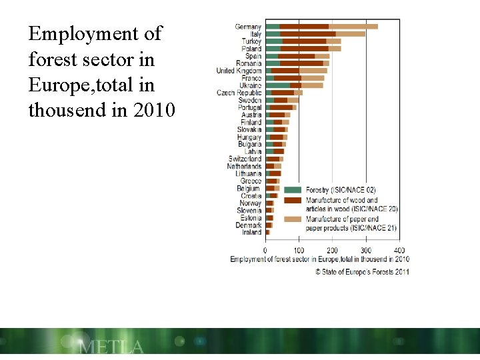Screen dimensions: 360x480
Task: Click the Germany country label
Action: [x=248, y=27]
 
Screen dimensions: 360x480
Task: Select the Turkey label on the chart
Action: [x=251, y=41]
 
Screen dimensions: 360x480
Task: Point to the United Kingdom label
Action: [x=239, y=71]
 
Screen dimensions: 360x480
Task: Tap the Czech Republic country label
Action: [x=239, y=93]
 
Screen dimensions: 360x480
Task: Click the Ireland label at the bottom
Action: [x=251, y=233]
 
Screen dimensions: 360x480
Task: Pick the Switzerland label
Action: [x=245, y=159]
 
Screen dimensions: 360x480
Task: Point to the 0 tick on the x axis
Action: [x=265, y=250]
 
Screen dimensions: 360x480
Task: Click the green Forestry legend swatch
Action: [x=293, y=190]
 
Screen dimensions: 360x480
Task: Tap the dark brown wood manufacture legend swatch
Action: [x=293, y=200]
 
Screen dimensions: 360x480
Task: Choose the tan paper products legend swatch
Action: [x=293, y=219]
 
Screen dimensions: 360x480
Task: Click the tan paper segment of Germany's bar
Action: [x=353, y=27]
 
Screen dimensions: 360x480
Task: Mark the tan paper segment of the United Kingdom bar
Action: [x=313, y=71]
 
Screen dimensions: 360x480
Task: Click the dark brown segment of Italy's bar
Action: [x=307, y=34]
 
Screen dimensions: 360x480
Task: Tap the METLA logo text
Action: [x=111, y=347]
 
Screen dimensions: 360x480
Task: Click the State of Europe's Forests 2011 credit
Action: [x=362, y=271]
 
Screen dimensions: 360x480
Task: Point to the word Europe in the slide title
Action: [x=55, y=85]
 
